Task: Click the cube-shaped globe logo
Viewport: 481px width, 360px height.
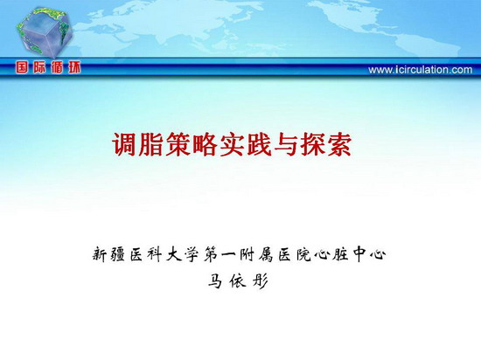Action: click(45, 32)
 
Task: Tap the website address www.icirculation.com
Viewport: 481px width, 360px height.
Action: click(421, 70)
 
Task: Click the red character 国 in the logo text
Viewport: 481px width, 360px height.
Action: click(22, 67)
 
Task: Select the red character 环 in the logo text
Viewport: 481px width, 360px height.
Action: click(74, 67)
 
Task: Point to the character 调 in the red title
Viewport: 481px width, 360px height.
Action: click(124, 144)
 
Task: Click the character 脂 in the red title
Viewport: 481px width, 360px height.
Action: click(151, 144)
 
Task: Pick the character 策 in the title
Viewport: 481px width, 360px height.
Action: click(178, 144)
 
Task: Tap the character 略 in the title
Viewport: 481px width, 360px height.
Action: click(205, 144)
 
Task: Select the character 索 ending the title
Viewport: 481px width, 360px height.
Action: click(339, 144)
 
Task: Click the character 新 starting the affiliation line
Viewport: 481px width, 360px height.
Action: click(100, 254)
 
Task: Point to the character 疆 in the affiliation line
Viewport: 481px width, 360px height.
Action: click(117, 254)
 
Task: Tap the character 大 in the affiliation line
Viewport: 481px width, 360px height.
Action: click(174, 254)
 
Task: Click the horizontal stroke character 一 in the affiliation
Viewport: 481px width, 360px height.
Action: click(228, 254)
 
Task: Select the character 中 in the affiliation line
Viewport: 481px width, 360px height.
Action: click(359, 254)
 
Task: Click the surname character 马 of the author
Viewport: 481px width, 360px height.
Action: click(215, 280)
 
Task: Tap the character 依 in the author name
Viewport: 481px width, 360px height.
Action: click(238, 280)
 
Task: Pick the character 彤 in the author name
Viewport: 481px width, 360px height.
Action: click(260, 280)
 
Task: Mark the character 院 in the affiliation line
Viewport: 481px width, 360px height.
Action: click(303, 254)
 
